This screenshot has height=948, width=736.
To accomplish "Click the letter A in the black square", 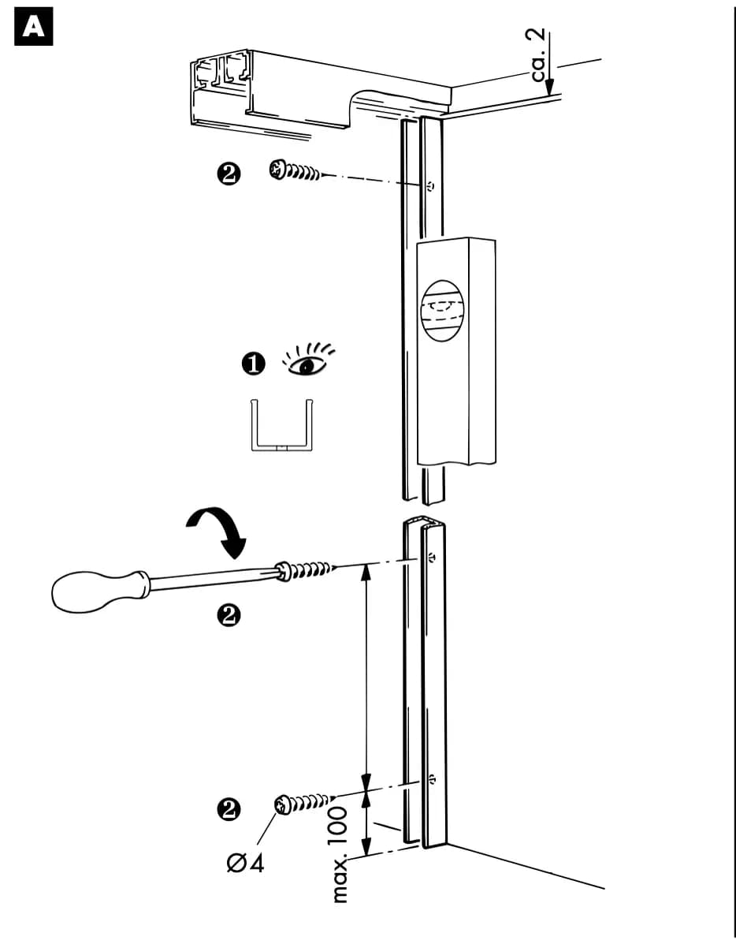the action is click(34, 27).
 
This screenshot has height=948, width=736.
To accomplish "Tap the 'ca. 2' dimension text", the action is click(538, 55).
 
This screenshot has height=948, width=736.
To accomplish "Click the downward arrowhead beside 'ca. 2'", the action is click(550, 87).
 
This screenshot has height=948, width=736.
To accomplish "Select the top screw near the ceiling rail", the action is click(295, 170).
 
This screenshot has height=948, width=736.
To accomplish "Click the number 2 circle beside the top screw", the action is click(229, 174).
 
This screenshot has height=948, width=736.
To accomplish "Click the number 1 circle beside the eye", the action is click(253, 364).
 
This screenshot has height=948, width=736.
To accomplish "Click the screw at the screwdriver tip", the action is click(306, 570).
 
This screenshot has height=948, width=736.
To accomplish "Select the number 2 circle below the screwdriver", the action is click(229, 615).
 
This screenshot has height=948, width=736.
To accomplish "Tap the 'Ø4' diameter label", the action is click(245, 863).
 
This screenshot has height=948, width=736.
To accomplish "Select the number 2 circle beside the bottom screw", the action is click(229, 810).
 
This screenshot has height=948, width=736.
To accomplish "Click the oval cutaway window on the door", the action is click(443, 310).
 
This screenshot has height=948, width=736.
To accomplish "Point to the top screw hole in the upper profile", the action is click(430, 186).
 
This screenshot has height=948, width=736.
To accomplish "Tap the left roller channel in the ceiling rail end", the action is click(206, 73).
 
